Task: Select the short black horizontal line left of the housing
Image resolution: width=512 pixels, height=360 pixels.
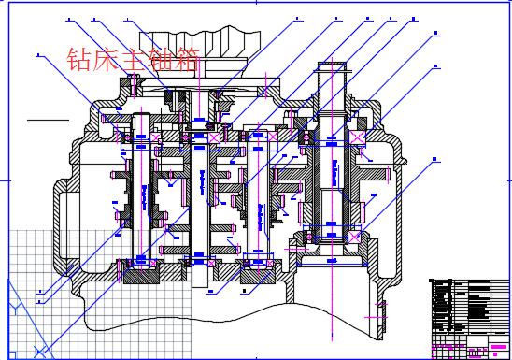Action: [48, 121]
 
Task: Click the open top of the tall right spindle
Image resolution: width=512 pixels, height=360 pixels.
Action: [333, 65]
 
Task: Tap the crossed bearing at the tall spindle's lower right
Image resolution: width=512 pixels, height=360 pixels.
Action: [355, 235]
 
